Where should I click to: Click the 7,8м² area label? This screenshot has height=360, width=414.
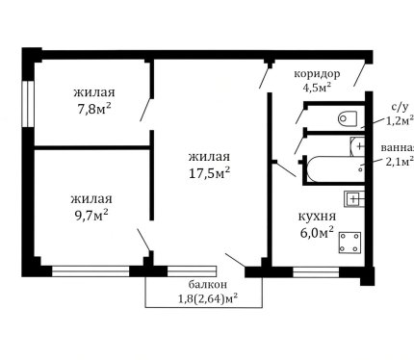93,109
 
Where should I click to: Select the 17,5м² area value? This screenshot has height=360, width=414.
209,173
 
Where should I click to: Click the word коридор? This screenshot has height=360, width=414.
317,74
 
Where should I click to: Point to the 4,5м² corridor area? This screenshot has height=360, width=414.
317,87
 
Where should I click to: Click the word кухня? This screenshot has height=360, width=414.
317,217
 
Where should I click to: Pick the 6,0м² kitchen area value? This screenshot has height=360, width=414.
317,232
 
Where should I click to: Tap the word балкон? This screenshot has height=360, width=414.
208,284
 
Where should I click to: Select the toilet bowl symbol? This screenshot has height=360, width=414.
348,118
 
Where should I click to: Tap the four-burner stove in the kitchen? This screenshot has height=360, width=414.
349,243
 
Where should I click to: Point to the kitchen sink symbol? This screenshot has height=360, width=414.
354,199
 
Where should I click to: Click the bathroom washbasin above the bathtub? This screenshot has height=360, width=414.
357,146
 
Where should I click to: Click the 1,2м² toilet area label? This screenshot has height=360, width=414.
399,120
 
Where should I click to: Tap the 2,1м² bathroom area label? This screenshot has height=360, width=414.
399,162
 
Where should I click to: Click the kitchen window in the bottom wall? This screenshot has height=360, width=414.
316,271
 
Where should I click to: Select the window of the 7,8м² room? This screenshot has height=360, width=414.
28,103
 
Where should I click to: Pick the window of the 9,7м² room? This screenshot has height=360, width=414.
91,271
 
